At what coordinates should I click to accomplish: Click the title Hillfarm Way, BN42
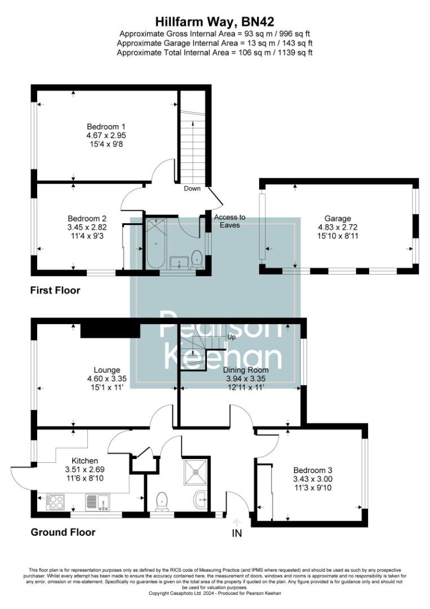[215, 22]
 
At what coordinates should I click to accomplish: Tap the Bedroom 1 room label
[106, 126]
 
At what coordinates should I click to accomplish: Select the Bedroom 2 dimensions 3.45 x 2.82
[87, 227]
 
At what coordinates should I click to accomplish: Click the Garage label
[338, 218]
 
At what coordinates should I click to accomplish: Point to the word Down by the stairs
[192, 188]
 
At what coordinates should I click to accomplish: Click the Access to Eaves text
[230, 221]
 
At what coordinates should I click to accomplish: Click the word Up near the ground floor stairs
[231, 337]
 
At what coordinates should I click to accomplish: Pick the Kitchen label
[85, 461]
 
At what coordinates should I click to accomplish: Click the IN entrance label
[237, 532]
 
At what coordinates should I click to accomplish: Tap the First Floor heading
[55, 291]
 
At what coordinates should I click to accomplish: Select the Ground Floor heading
[63, 532]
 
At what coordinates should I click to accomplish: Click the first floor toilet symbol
[197, 258]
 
